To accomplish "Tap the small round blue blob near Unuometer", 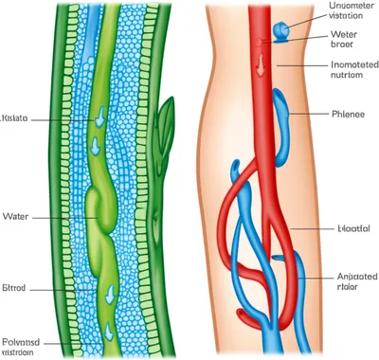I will coord(280,32).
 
